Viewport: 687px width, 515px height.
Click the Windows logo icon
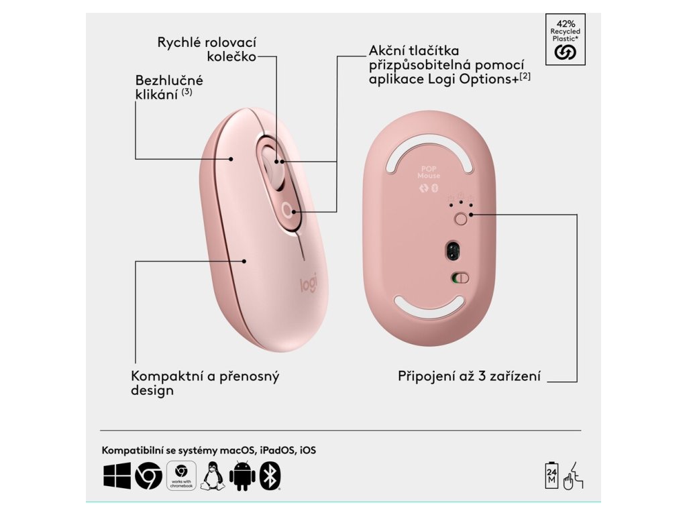(x=117, y=476)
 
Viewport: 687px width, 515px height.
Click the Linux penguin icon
(x=211, y=476)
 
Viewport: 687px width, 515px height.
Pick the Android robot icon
(x=242, y=476)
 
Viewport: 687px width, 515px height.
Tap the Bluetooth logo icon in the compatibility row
(x=270, y=476)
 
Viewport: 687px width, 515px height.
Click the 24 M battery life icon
(x=553, y=475)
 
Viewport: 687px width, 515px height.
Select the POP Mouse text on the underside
(x=430, y=172)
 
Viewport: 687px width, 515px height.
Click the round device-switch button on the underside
(x=460, y=218)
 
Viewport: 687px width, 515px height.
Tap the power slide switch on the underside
(x=460, y=278)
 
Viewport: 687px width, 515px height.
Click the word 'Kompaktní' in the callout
(x=168, y=376)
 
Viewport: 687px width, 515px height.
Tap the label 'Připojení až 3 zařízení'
(x=469, y=376)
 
